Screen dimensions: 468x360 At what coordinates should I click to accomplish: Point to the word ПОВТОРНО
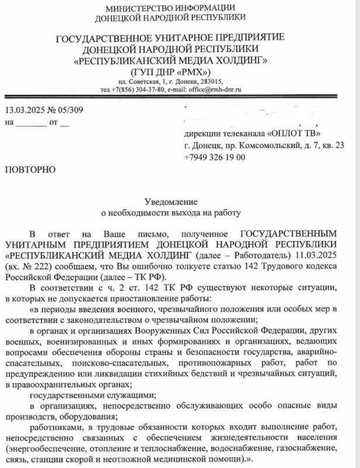pyautogui.click(x=30, y=170)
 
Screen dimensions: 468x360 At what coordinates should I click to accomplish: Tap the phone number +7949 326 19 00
pyautogui.click(x=214, y=157)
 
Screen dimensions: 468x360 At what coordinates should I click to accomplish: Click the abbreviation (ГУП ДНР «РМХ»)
pyautogui.click(x=169, y=70)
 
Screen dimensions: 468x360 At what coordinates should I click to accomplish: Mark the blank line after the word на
pyautogui.click(x=30, y=123)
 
